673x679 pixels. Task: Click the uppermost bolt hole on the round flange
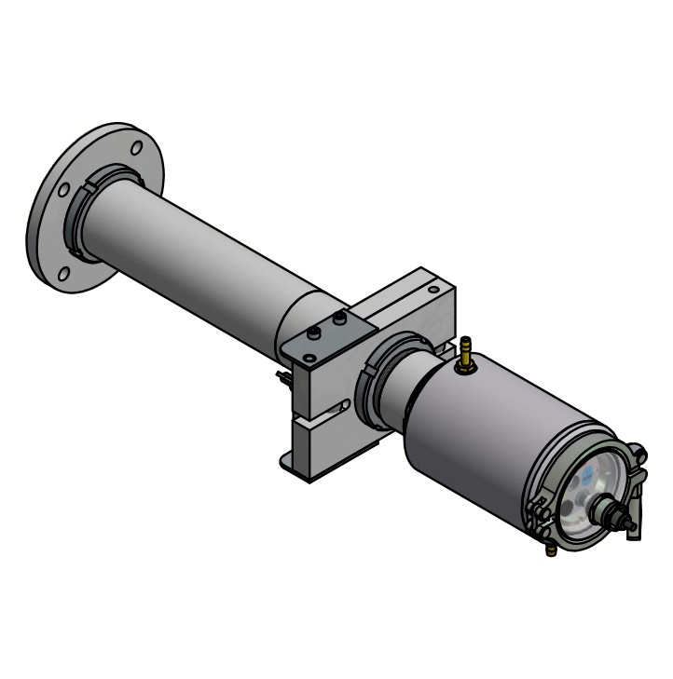click(x=136, y=147)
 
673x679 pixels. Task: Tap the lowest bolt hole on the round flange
click(x=63, y=274)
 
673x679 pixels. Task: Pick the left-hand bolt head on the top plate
click(x=316, y=332)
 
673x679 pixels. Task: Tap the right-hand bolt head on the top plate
click(x=339, y=319)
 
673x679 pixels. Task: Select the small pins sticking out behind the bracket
click(x=282, y=376)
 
